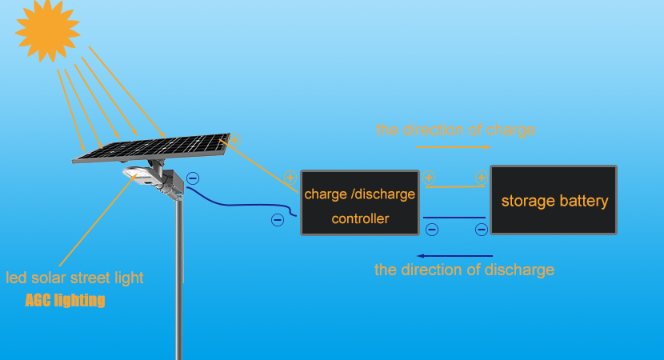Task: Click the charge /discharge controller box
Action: [360, 202]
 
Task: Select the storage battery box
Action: [554, 200]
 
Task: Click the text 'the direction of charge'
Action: [455, 130]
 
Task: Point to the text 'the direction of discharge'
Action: [464, 270]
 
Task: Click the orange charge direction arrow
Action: [453, 148]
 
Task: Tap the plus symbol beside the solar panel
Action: [234, 140]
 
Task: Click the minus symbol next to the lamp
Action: [193, 179]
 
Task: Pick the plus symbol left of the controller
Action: [292, 178]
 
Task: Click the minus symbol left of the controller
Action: [278, 219]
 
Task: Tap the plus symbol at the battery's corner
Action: [480, 178]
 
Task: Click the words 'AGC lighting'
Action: [65, 301]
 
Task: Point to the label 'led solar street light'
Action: [75, 278]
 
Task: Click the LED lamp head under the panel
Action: [134, 173]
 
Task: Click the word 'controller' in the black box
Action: [360, 218]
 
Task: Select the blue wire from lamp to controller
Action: [240, 205]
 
